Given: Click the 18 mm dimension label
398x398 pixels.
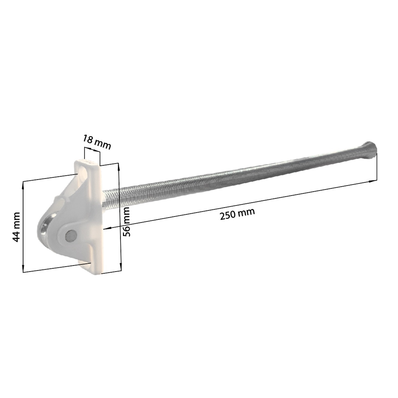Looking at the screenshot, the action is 97,142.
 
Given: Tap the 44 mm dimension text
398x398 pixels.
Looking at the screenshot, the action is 16,227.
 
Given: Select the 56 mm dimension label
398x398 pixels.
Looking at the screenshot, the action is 126,222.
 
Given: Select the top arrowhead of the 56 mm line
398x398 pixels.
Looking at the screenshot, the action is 118,166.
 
